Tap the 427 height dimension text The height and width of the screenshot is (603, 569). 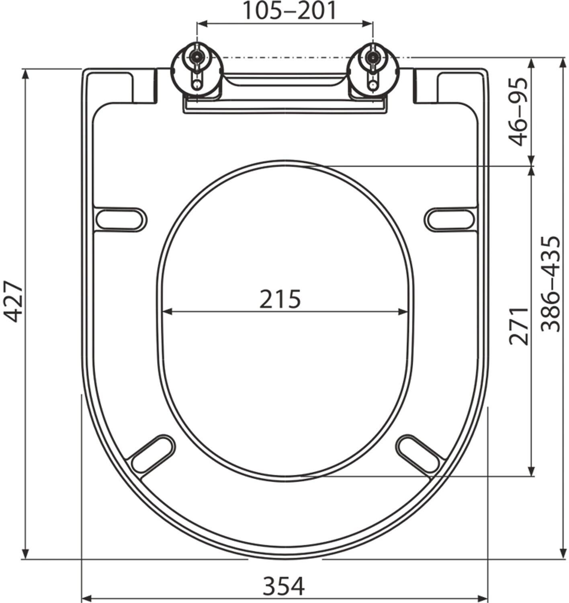[x=14, y=302]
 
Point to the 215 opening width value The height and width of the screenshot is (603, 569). [x=280, y=299]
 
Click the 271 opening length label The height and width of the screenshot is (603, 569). [x=519, y=326]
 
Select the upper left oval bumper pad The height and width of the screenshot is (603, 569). [x=121, y=219]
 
